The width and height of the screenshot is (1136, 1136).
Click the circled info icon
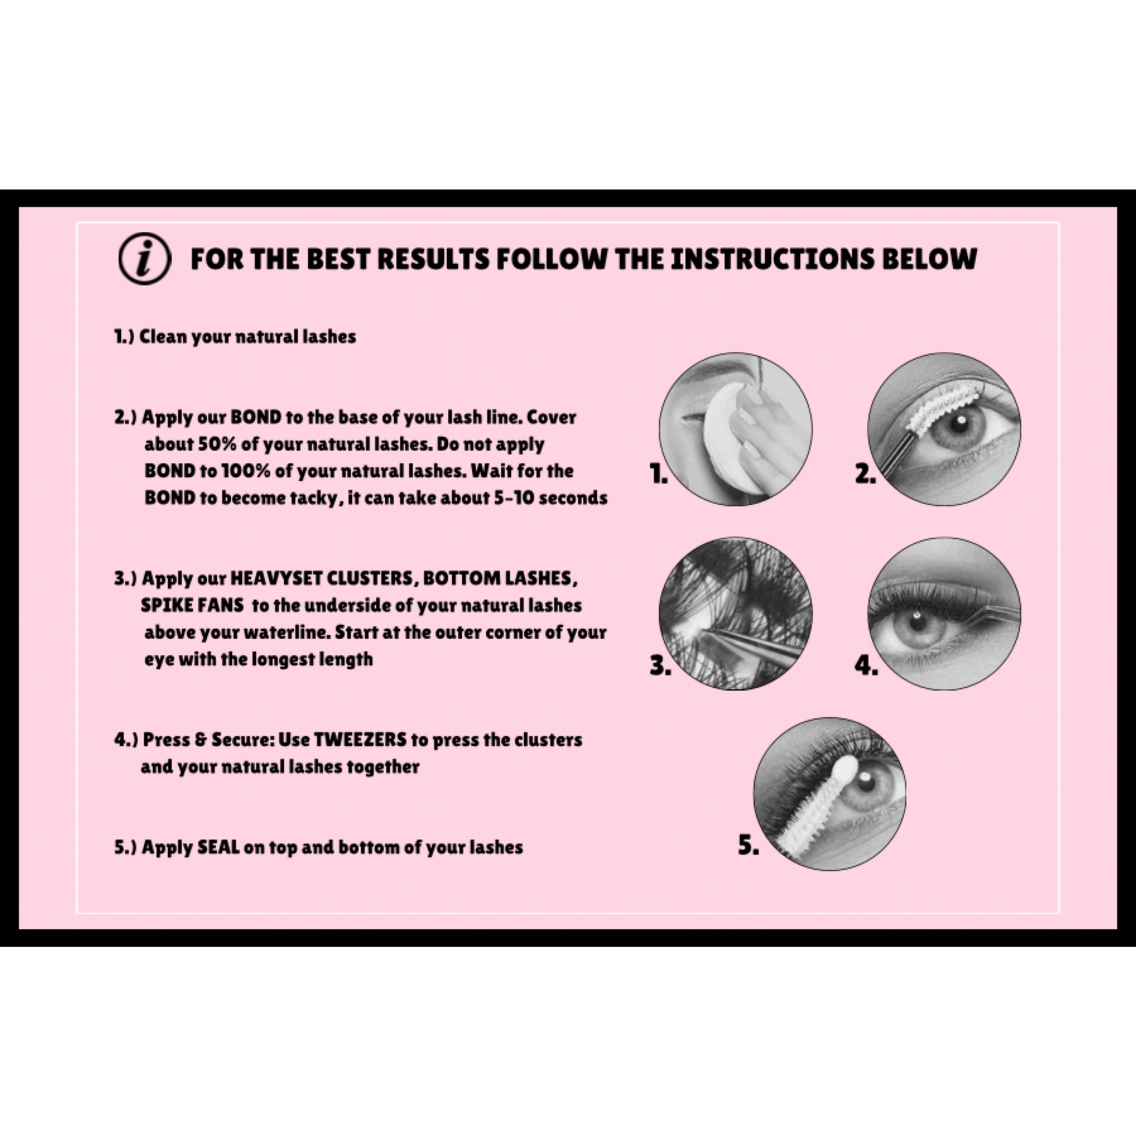click(x=145, y=259)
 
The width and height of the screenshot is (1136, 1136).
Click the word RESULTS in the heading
click(x=427, y=259)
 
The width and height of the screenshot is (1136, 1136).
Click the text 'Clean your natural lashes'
click(x=248, y=337)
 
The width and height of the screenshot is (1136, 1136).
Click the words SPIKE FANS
click(x=192, y=605)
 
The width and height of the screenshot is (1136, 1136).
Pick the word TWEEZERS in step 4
click(x=360, y=740)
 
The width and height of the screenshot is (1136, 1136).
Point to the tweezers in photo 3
click(x=752, y=644)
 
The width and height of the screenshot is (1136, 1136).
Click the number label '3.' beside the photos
click(x=660, y=665)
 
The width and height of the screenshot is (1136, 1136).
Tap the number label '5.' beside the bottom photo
click(x=748, y=845)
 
